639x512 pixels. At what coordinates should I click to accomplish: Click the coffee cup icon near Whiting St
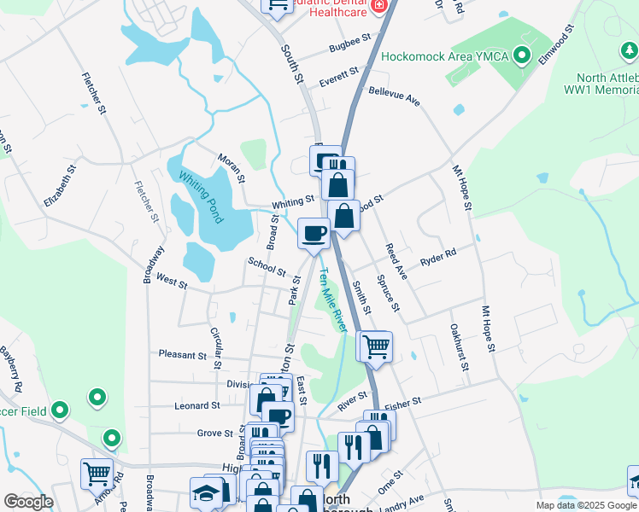pyautogui.click(x=314, y=232)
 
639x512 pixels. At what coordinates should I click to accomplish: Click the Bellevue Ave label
pyautogui.click(x=395, y=95)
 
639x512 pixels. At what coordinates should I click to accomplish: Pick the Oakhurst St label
pyautogui.click(x=459, y=346)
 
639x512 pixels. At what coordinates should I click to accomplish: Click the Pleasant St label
pyautogui.click(x=179, y=352)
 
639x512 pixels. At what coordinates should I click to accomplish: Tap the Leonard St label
pyautogui.click(x=196, y=405)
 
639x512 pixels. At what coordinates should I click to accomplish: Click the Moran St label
pyautogui.click(x=231, y=168)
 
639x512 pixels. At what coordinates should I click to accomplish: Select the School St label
pyautogui.click(x=267, y=266)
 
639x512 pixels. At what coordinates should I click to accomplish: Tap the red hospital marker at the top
pyautogui.click(x=378, y=7)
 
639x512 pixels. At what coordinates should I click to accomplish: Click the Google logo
pyautogui.click(x=28, y=502)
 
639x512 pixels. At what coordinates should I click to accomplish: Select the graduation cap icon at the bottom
pyautogui.click(x=206, y=492)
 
